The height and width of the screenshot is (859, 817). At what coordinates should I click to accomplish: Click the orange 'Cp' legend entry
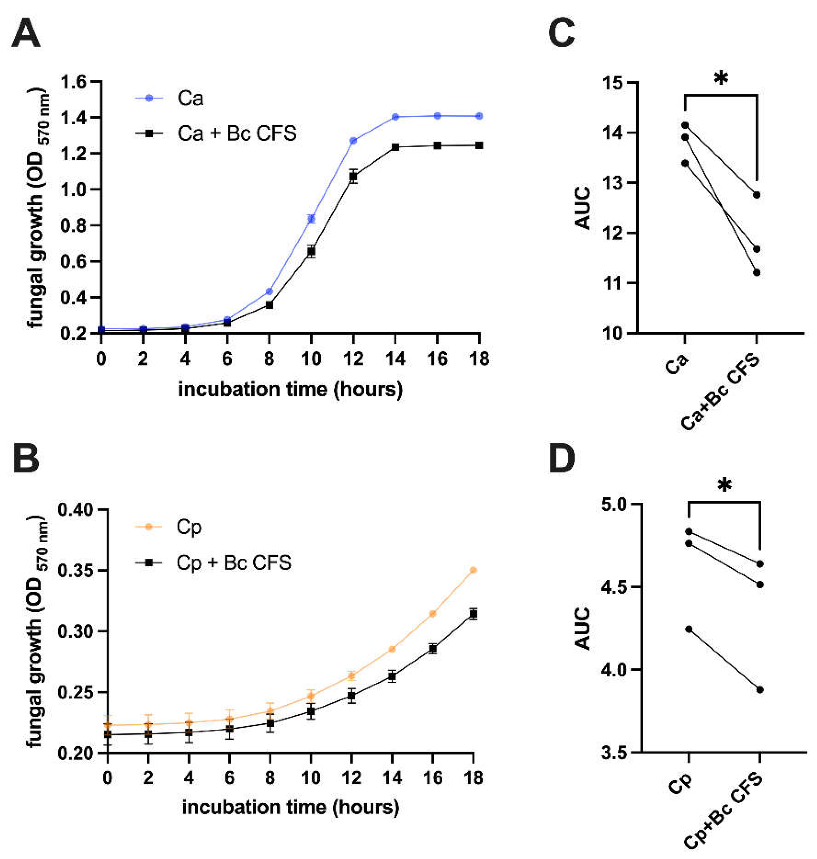[189, 527]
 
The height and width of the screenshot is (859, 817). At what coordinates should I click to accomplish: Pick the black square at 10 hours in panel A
[311, 251]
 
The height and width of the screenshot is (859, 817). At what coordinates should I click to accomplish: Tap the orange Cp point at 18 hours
[473, 570]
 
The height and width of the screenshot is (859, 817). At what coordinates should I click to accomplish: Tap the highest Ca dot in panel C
[685, 125]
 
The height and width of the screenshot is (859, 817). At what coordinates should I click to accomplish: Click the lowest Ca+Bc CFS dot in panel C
[757, 272]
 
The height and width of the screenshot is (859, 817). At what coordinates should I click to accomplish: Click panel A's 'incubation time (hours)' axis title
[291, 389]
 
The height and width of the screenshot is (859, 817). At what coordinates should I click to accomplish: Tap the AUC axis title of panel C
[582, 208]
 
